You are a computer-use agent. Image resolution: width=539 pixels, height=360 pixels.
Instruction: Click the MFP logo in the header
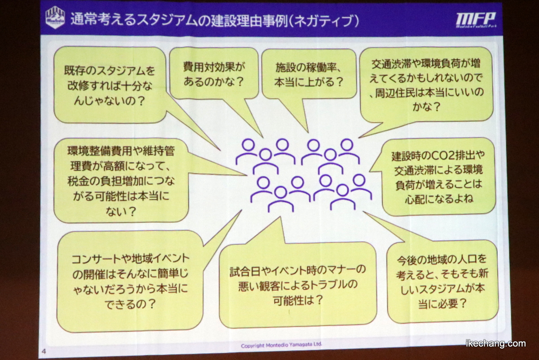pos(476,20)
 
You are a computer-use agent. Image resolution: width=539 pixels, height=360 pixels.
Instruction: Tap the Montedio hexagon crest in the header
pos(55,18)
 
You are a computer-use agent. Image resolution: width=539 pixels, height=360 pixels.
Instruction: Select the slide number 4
pos(44,351)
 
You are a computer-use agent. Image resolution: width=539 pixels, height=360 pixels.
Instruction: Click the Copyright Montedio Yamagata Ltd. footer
pos(281,345)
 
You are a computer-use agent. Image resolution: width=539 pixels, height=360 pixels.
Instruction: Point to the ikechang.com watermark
pos(496,343)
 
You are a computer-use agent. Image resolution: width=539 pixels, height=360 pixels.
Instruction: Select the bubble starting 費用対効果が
pos(214,73)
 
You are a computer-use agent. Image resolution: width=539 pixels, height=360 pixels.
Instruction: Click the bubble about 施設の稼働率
pos(309,74)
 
